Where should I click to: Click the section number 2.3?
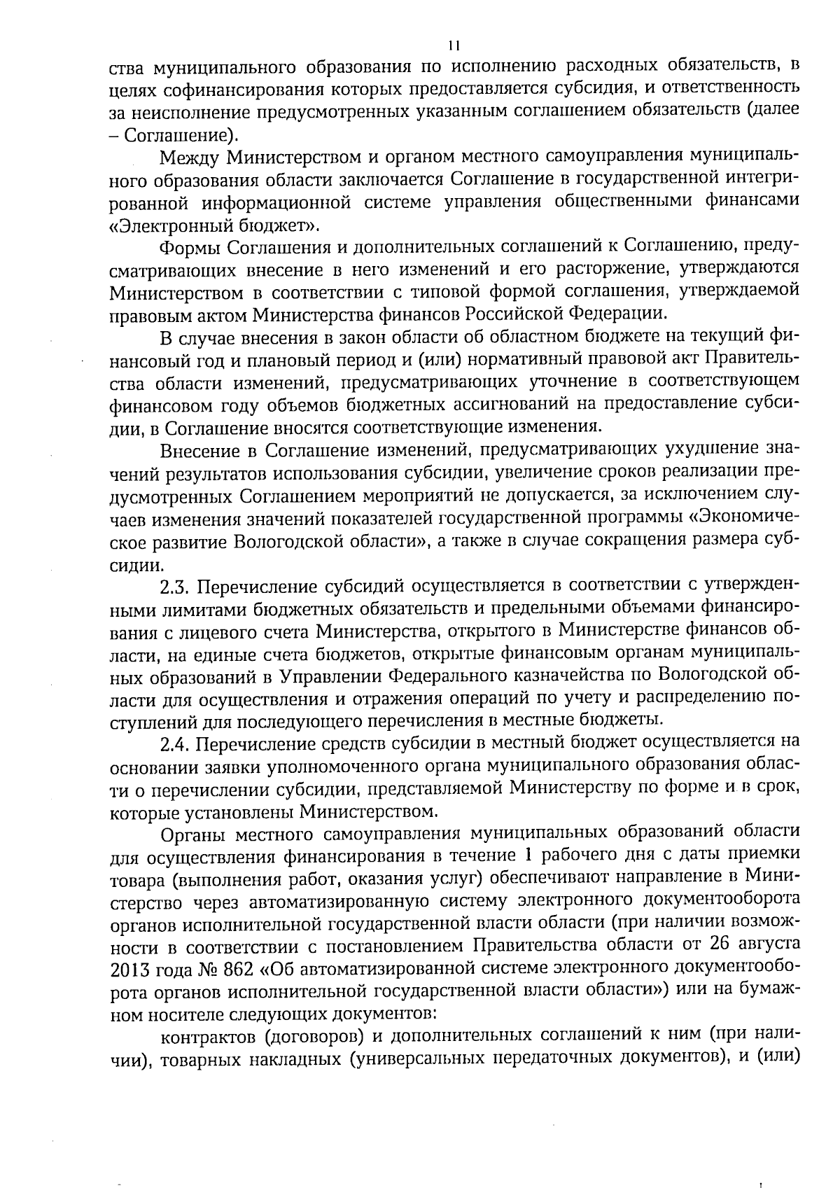177,585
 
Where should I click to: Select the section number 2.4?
177,742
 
